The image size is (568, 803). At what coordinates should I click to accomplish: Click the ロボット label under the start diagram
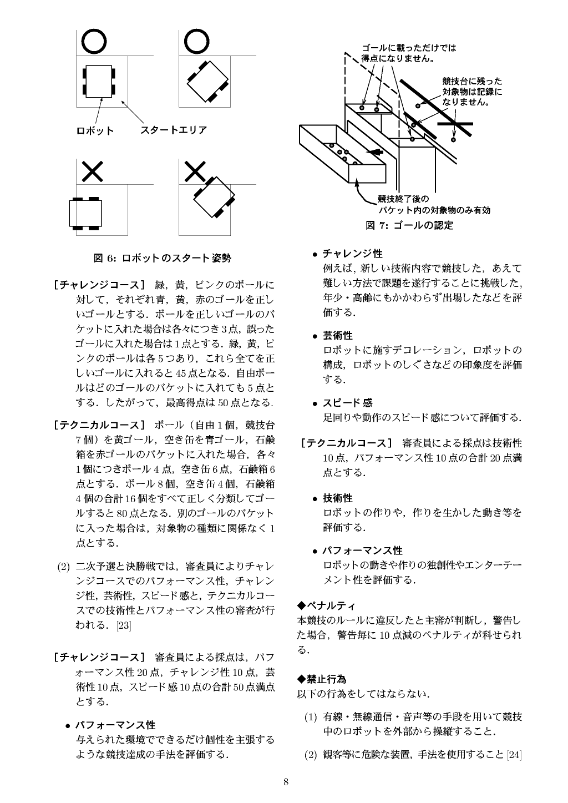click(x=95, y=131)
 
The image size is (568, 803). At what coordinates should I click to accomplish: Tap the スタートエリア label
click(x=174, y=130)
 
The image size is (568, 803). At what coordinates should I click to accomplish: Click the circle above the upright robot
click(x=94, y=41)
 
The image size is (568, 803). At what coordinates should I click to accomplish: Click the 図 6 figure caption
click(x=162, y=258)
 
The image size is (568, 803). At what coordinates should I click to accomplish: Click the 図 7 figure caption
click(x=409, y=225)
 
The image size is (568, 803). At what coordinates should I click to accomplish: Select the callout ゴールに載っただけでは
click(x=409, y=48)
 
